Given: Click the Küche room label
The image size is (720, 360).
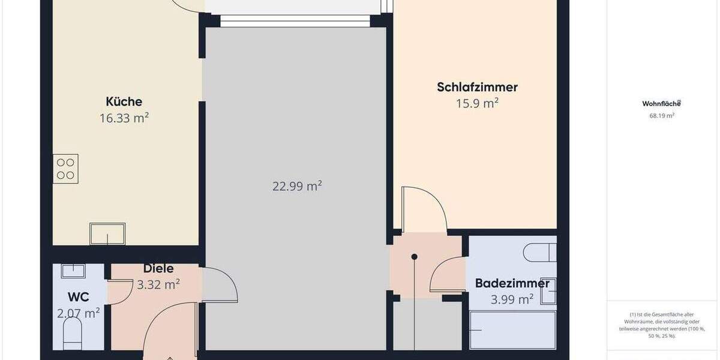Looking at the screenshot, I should (x=124, y=101).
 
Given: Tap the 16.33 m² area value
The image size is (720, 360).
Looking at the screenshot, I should (x=124, y=118).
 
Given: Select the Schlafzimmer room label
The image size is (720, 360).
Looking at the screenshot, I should (x=477, y=87).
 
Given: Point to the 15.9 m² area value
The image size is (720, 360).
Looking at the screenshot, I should (x=477, y=103).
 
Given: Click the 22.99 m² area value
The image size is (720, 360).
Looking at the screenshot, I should (x=297, y=186).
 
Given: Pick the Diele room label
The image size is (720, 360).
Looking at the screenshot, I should (x=158, y=269).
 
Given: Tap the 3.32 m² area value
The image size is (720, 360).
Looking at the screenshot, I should (x=158, y=284).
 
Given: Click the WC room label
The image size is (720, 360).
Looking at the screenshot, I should (x=79, y=297).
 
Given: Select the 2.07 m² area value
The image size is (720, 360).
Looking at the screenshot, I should (x=79, y=313).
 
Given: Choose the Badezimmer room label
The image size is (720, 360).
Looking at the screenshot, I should (x=512, y=283).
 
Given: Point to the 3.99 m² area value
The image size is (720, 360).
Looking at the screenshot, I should (x=512, y=299).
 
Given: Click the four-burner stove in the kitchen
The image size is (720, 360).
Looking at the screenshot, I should (x=65, y=169).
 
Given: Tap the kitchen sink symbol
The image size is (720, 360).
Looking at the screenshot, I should (x=107, y=233).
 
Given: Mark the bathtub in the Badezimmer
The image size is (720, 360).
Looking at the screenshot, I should (x=512, y=329).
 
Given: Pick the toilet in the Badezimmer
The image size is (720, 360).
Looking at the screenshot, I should (x=540, y=252).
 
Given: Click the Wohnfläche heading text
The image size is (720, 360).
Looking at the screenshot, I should (x=661, y=103).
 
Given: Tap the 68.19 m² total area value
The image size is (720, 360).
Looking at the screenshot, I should (x=661, y=116).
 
